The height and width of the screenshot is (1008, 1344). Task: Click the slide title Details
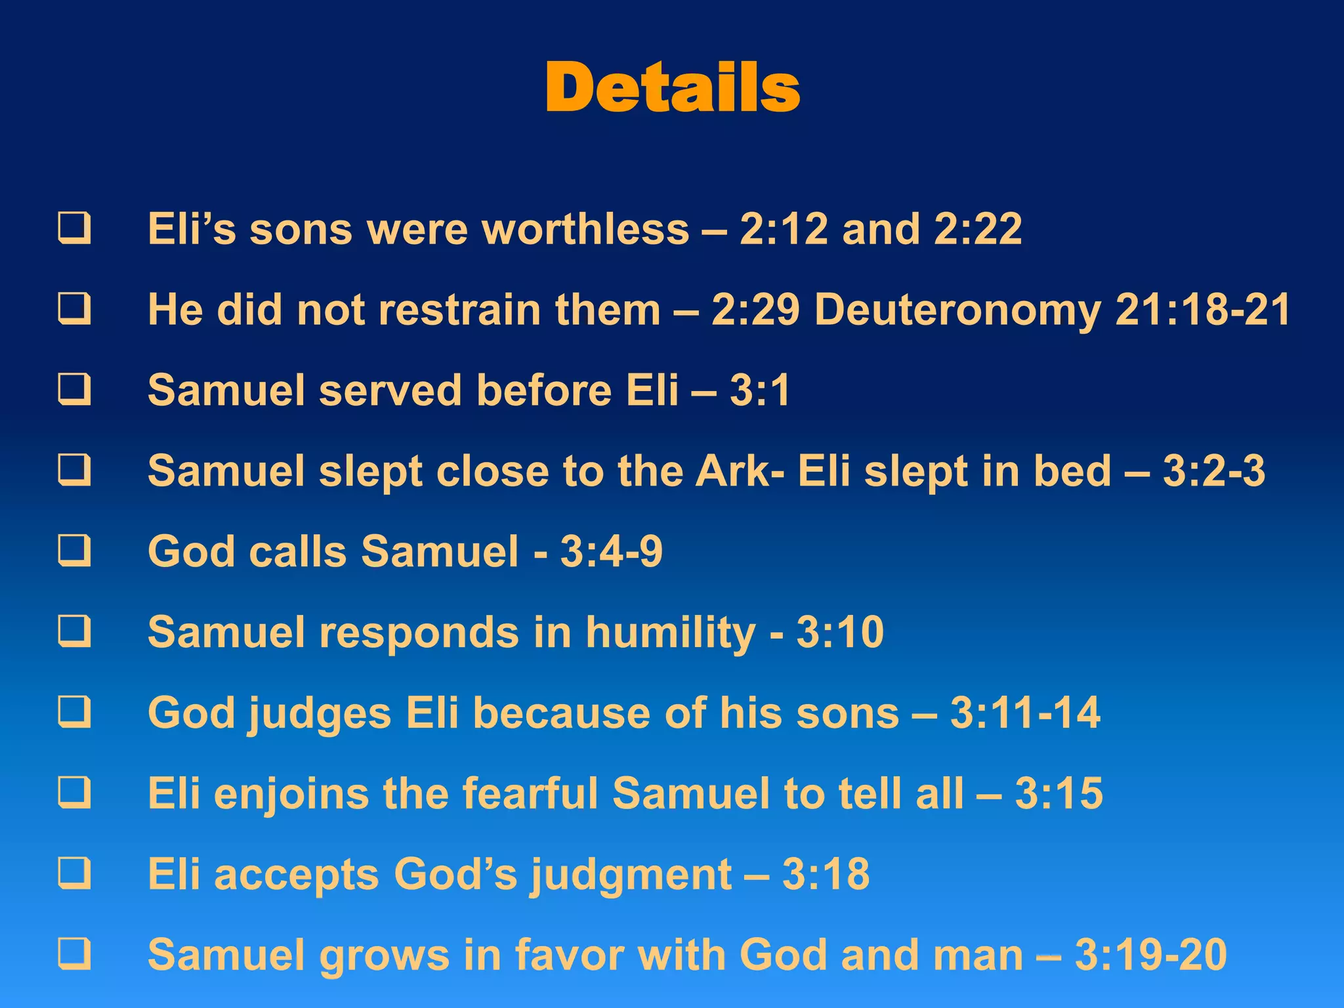click(x=672, y=88)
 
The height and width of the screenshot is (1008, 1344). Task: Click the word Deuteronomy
click(x=957, y=310)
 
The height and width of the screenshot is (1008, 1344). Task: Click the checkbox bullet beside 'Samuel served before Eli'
click(x=74, y=390)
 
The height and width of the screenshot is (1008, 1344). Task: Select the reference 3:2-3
click(x=1214, y=472)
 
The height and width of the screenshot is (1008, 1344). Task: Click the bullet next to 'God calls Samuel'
click(x=74, y=551)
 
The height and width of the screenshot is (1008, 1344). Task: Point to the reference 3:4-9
click(x=612, y=552)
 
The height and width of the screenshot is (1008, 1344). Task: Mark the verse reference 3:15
click(x=1059, y=794)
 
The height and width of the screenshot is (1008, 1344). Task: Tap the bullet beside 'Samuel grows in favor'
click(x=74, y=955)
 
